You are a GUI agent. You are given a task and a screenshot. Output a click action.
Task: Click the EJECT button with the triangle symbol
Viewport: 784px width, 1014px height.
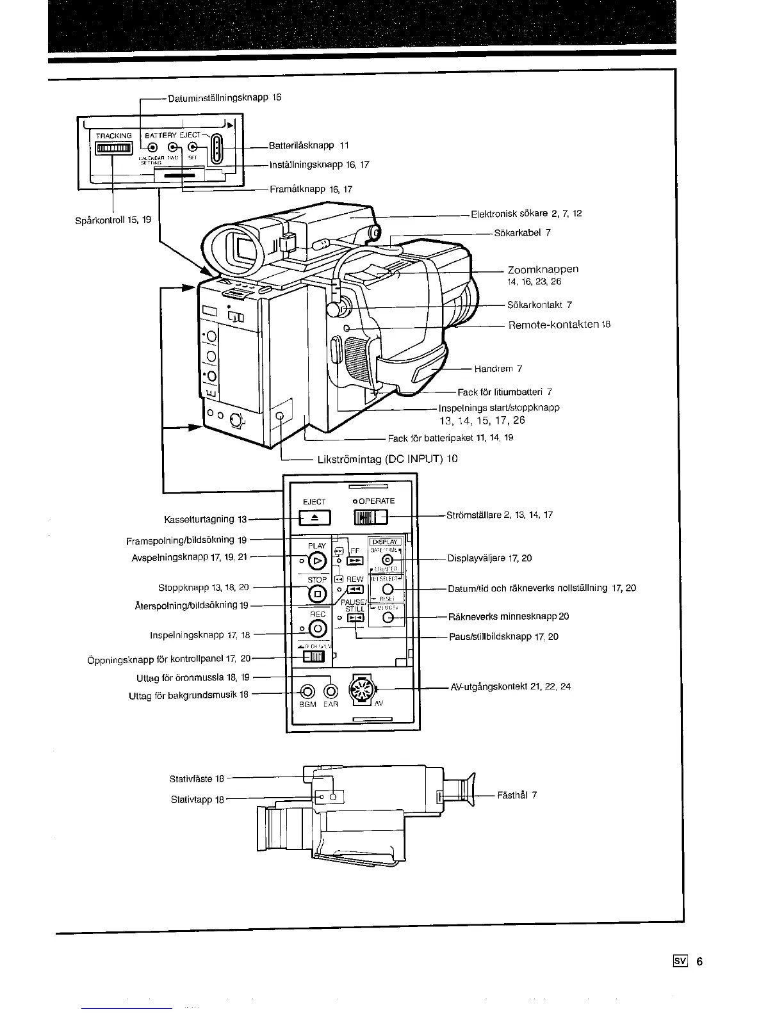314,517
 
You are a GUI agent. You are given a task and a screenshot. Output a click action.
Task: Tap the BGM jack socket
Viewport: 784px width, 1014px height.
308,692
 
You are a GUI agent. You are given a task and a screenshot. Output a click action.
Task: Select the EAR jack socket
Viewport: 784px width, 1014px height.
331,692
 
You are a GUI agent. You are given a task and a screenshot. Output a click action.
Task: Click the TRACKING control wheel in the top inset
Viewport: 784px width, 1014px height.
114,149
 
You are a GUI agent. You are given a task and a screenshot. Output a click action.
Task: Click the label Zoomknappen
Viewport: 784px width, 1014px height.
543,270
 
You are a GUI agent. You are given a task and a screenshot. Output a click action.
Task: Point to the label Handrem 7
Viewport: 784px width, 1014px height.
498,369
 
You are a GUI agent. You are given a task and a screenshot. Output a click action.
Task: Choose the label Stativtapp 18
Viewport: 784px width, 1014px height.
197,800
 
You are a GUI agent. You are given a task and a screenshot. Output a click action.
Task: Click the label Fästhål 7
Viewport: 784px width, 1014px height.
517,795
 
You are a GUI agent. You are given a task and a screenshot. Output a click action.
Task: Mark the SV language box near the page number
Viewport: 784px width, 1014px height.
680,961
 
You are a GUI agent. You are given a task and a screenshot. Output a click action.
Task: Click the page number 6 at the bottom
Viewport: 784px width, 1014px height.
700,961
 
